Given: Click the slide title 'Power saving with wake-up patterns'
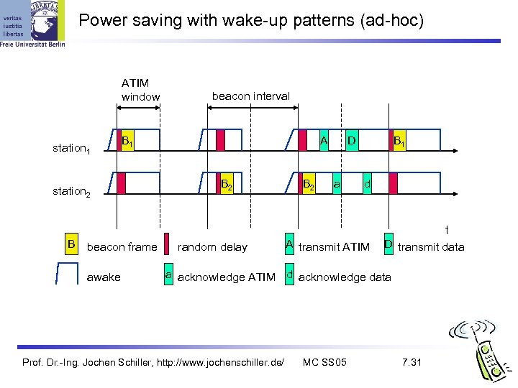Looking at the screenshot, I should [251, 20].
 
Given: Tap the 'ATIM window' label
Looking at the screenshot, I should [139, 90].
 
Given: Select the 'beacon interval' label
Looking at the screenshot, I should [250, 96].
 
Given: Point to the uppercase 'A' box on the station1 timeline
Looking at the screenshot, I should [324, 140].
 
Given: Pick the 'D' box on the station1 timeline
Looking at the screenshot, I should [352, 140].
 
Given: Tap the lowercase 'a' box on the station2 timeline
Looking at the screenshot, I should [336, 184].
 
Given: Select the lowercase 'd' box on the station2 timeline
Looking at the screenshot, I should [367, 184].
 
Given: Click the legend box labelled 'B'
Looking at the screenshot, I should [71, 245].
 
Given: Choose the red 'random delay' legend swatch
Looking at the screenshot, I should [167, 245].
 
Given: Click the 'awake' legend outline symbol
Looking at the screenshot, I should [67, 275].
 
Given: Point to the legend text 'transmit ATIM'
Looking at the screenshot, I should [334, 247].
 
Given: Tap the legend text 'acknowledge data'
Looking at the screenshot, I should [345, 277].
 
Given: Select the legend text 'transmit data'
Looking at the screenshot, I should [431, 247].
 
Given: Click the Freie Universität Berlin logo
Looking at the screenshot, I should [32, 25].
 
